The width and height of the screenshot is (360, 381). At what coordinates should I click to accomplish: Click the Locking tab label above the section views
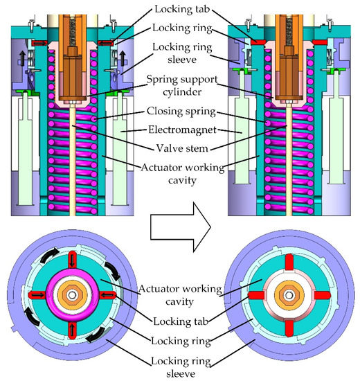pyautogui.click(x=180, y=8)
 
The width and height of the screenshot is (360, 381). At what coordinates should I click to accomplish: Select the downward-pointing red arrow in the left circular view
pyautogui.click(x=72, y=260)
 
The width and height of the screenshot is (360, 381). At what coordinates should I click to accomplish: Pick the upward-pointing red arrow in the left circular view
pyautogui.click(x=72, y=333)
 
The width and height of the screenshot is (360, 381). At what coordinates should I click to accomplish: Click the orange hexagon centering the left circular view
pyautogui.click(x=72, y=296)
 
